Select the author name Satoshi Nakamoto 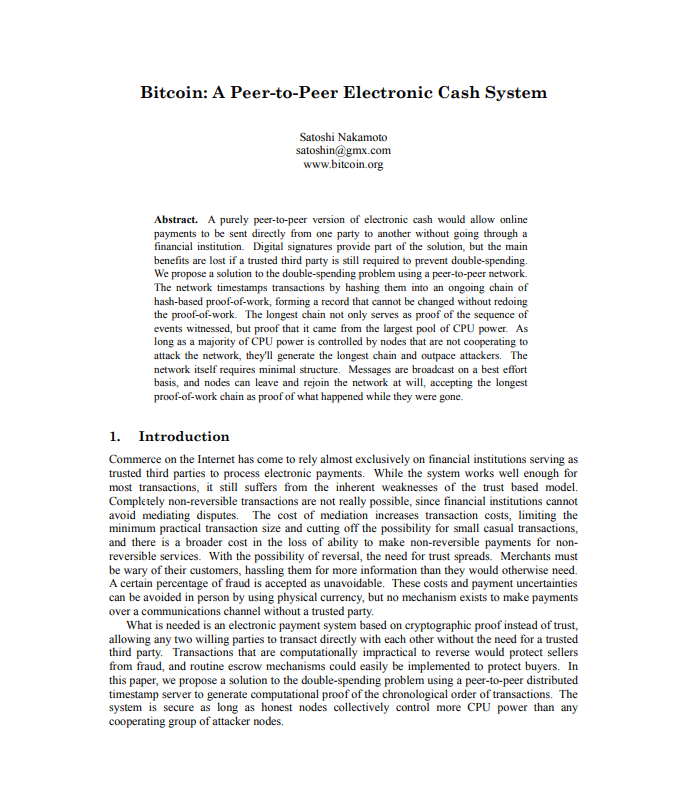[343, 137]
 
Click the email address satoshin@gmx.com [343, 151]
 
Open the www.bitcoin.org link [343, 165]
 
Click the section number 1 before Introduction [115, 437]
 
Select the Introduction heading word [184, 437]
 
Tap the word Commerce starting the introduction [137, 460]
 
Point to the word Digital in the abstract [271, 245]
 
